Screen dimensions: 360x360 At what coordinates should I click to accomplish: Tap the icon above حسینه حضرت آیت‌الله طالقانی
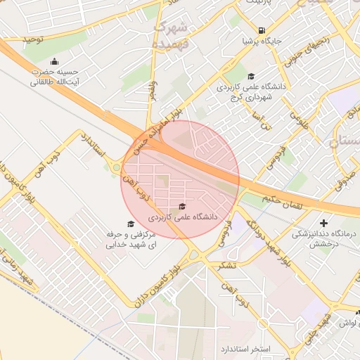[55, 60]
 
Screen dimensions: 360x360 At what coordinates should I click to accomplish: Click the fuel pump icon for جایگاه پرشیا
[262, 30]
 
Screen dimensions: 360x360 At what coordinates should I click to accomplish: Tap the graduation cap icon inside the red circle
[183, 206]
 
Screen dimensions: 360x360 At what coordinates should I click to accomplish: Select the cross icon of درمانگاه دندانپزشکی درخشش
[323, 223]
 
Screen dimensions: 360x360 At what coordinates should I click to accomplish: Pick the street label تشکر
[227, 264]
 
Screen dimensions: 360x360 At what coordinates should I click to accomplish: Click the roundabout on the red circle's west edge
[115, 168]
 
